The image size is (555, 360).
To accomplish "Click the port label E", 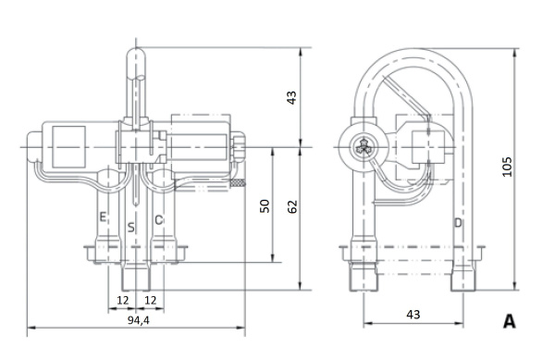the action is [103, 217].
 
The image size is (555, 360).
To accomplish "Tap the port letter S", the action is [131, 228].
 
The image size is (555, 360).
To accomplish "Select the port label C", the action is [159, 220].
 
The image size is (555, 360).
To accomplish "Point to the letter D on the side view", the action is [458, 223].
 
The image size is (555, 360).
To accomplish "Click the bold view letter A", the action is [510, 321].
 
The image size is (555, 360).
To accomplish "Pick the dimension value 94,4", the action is [139, 320].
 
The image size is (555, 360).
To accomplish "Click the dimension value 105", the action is [507, 167].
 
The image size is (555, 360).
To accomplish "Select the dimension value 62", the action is [292, 206].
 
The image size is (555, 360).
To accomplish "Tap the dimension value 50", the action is [265, 206].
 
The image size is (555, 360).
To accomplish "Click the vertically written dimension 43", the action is [291, 98].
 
